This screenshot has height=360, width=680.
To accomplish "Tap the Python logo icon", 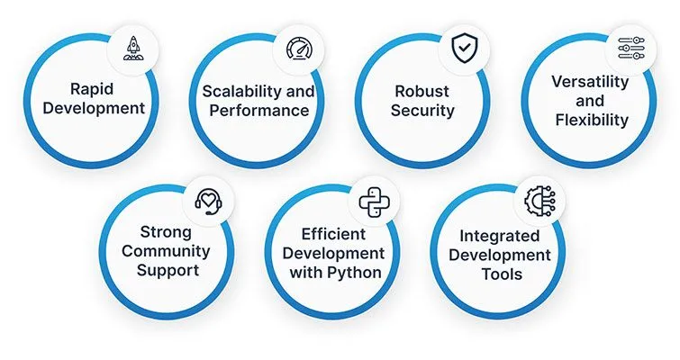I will tap(372, 202).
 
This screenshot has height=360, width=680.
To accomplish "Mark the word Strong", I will tap(166, 230).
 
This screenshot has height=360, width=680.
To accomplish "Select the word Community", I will tap(166, 251).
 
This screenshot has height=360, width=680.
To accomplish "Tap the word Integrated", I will tap(499, 235).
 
